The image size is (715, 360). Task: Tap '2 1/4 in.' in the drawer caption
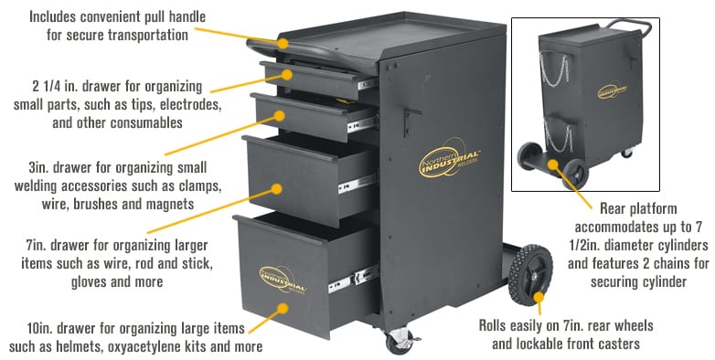pos(55,87)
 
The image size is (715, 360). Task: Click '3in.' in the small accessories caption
pos(40,168)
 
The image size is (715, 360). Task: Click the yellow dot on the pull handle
pos(284,42)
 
